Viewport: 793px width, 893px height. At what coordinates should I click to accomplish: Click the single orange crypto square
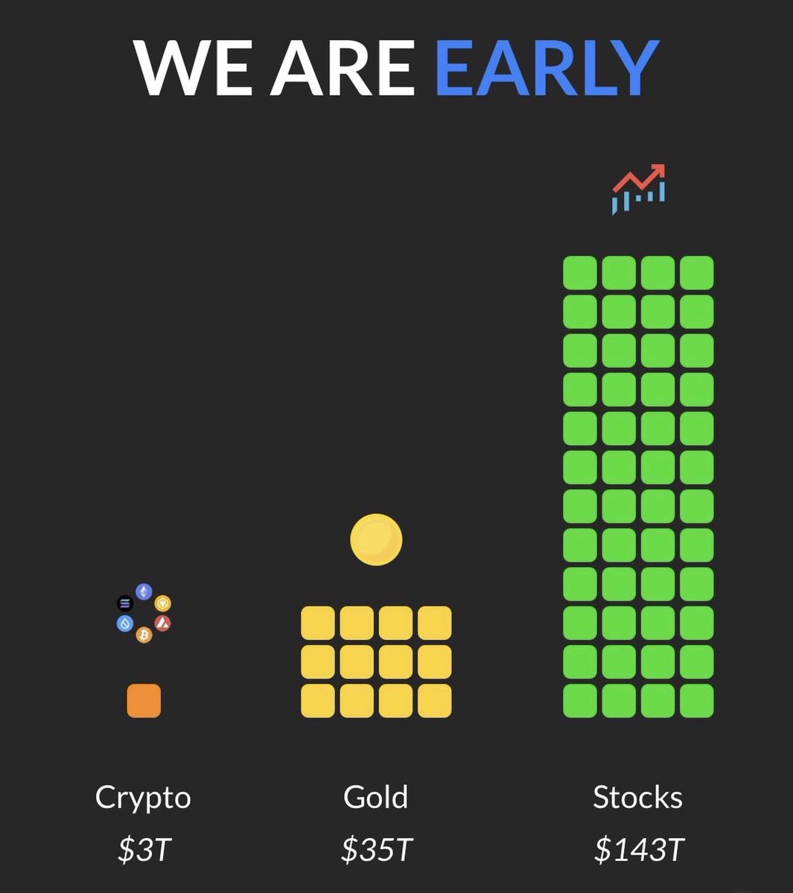pos(144,701)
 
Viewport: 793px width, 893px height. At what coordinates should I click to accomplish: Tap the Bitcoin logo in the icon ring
pos(144,635)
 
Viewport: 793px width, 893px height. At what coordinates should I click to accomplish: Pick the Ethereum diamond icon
pos(143,592)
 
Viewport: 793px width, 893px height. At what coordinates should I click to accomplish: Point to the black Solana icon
pos(124,603)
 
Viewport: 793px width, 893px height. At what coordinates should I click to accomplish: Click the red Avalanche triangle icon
pos(163,623)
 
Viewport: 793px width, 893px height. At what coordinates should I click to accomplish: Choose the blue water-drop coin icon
pos(125,624)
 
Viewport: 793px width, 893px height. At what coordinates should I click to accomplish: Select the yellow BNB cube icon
pos(163,603)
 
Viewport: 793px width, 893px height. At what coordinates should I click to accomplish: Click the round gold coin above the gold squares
pos(376,540)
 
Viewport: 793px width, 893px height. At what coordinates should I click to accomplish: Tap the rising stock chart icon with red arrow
pos(638,189)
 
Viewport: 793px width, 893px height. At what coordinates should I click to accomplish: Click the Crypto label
pos(143,798)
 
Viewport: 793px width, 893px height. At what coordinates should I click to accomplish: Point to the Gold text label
pos(376,798)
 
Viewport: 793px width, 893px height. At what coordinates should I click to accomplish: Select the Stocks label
pos(637,798)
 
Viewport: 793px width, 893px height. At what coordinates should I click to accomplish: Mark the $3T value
pos(144,850)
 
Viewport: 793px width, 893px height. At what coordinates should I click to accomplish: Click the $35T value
pos(376,850)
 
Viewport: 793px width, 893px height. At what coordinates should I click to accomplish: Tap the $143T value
pos(638,850)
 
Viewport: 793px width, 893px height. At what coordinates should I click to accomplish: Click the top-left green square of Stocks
pos(580,273)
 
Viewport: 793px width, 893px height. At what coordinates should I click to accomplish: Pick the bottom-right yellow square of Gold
pos(434,701)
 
